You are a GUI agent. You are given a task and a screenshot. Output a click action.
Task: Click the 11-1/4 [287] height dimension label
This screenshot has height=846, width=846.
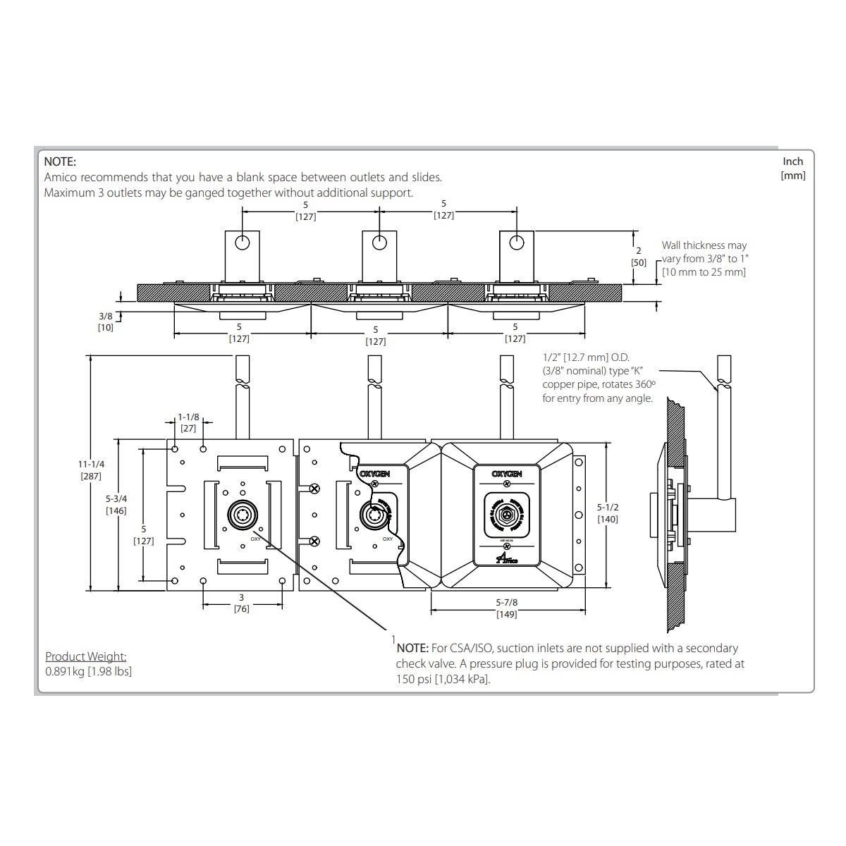tap(92, 470)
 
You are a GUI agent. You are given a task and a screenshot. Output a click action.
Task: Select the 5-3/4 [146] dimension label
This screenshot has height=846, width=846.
tap(116, 504)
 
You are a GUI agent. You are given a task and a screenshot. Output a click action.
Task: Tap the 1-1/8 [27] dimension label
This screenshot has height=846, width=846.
tap(188, 422)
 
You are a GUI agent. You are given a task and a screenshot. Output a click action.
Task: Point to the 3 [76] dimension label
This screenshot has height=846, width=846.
tap(241, 603)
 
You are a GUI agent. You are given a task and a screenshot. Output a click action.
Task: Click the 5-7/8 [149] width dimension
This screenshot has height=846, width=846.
tap(506, 608)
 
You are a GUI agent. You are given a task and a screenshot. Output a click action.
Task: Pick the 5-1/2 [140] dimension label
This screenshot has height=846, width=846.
tap(607, 513)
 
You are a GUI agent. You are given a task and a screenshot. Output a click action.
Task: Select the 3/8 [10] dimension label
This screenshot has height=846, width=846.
tap(105, 321)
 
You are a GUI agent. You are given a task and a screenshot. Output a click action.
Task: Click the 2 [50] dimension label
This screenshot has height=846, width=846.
tap(639, 257)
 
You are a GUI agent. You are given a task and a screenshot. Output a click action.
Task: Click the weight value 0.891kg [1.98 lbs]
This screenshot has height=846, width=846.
tap(88, 671)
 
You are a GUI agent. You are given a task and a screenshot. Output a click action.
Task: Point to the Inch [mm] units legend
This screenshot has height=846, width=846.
tap(793, 168)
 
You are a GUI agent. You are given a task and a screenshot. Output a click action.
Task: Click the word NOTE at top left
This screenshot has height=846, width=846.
tap(59, 162)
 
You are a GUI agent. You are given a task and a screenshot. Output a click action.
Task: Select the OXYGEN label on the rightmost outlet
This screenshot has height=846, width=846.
tap(506, 474)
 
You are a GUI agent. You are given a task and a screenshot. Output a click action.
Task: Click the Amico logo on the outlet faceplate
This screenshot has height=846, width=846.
tap(506, 558)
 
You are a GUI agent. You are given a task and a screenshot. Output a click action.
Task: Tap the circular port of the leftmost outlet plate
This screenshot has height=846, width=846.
tap(242, 517)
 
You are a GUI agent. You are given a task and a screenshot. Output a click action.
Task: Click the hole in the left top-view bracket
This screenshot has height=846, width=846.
tap(243, 243)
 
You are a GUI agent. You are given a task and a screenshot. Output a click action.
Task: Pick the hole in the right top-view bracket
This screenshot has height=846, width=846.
tap(517, 243)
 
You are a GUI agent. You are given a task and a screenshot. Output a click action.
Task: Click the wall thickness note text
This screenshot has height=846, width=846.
tap(703, 259)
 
